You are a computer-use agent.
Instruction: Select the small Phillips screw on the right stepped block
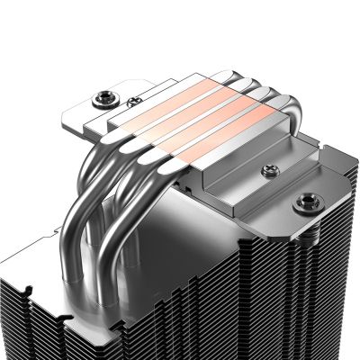[266, 170]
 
